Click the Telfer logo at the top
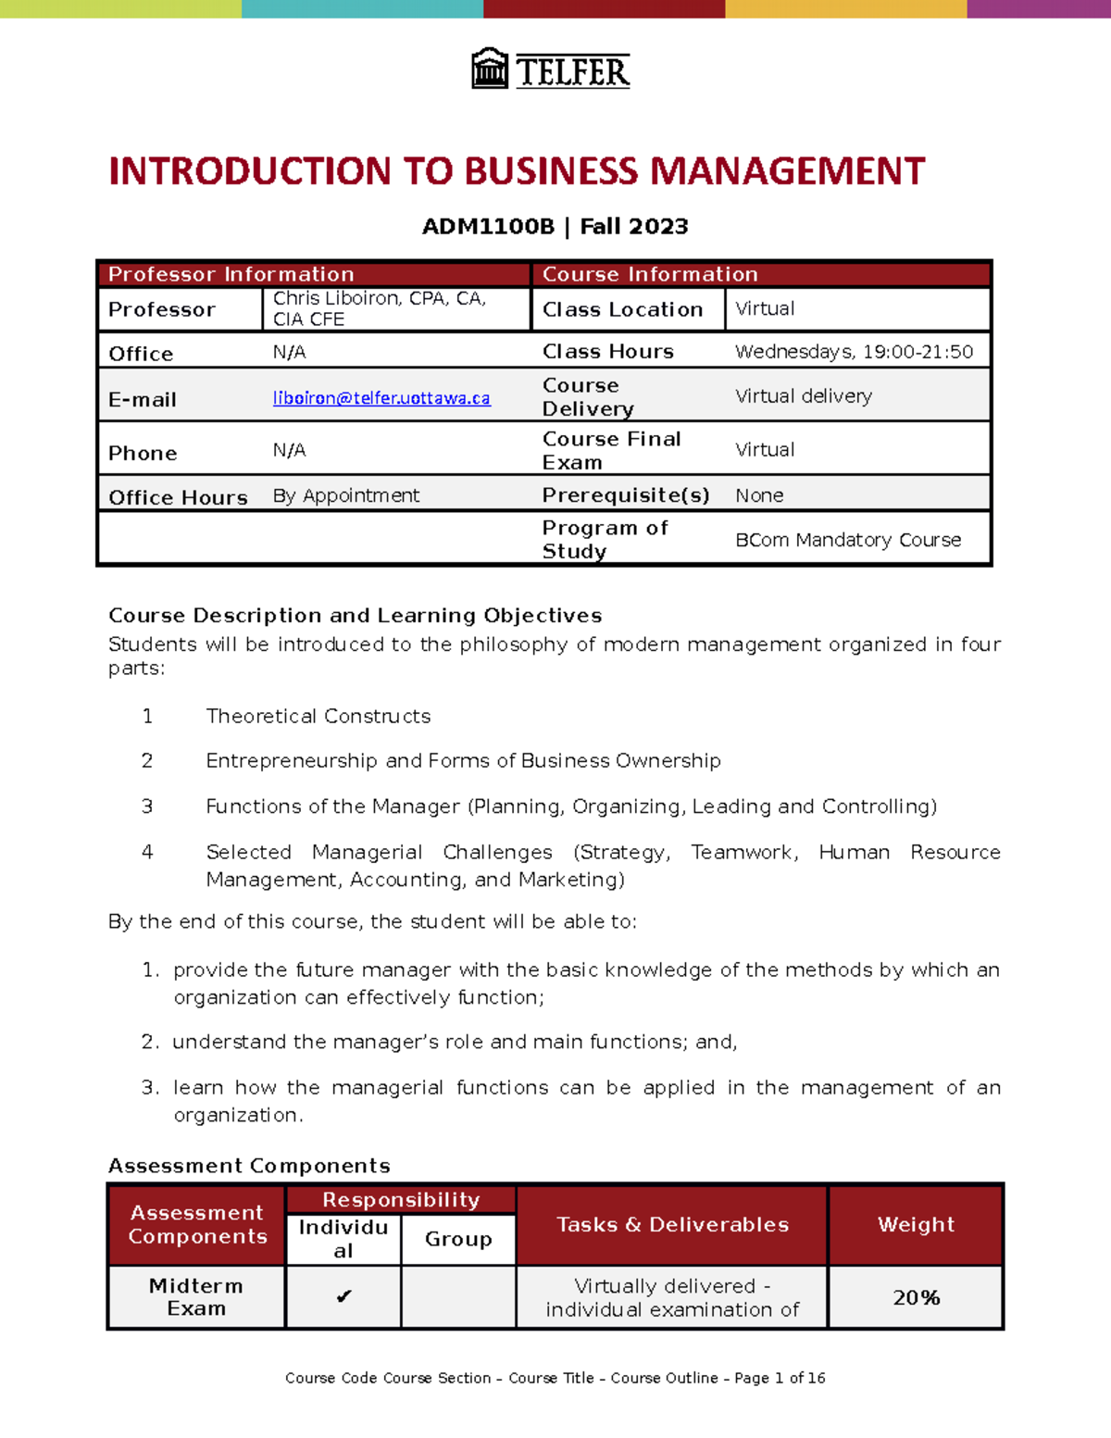click(551, 69)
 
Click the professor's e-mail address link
click(381, 398)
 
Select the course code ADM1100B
click(488, 227)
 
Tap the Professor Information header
click(231, 274)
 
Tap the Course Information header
click(650, 274)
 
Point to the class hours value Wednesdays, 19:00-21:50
click(854, 352)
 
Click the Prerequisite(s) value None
click(759, 495)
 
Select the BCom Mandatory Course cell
click(848, 540)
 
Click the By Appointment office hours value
click(346, 495)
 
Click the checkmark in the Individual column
click(343, 1296)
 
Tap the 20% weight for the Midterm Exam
click(916, 1297)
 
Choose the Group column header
click(458, 1239)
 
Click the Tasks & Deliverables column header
click(672, 1224)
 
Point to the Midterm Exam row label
click(196, 1296)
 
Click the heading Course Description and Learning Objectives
click(355, 616)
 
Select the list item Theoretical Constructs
click(318, 716)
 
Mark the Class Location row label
click(622, 309)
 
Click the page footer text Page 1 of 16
click(780, 1378)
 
